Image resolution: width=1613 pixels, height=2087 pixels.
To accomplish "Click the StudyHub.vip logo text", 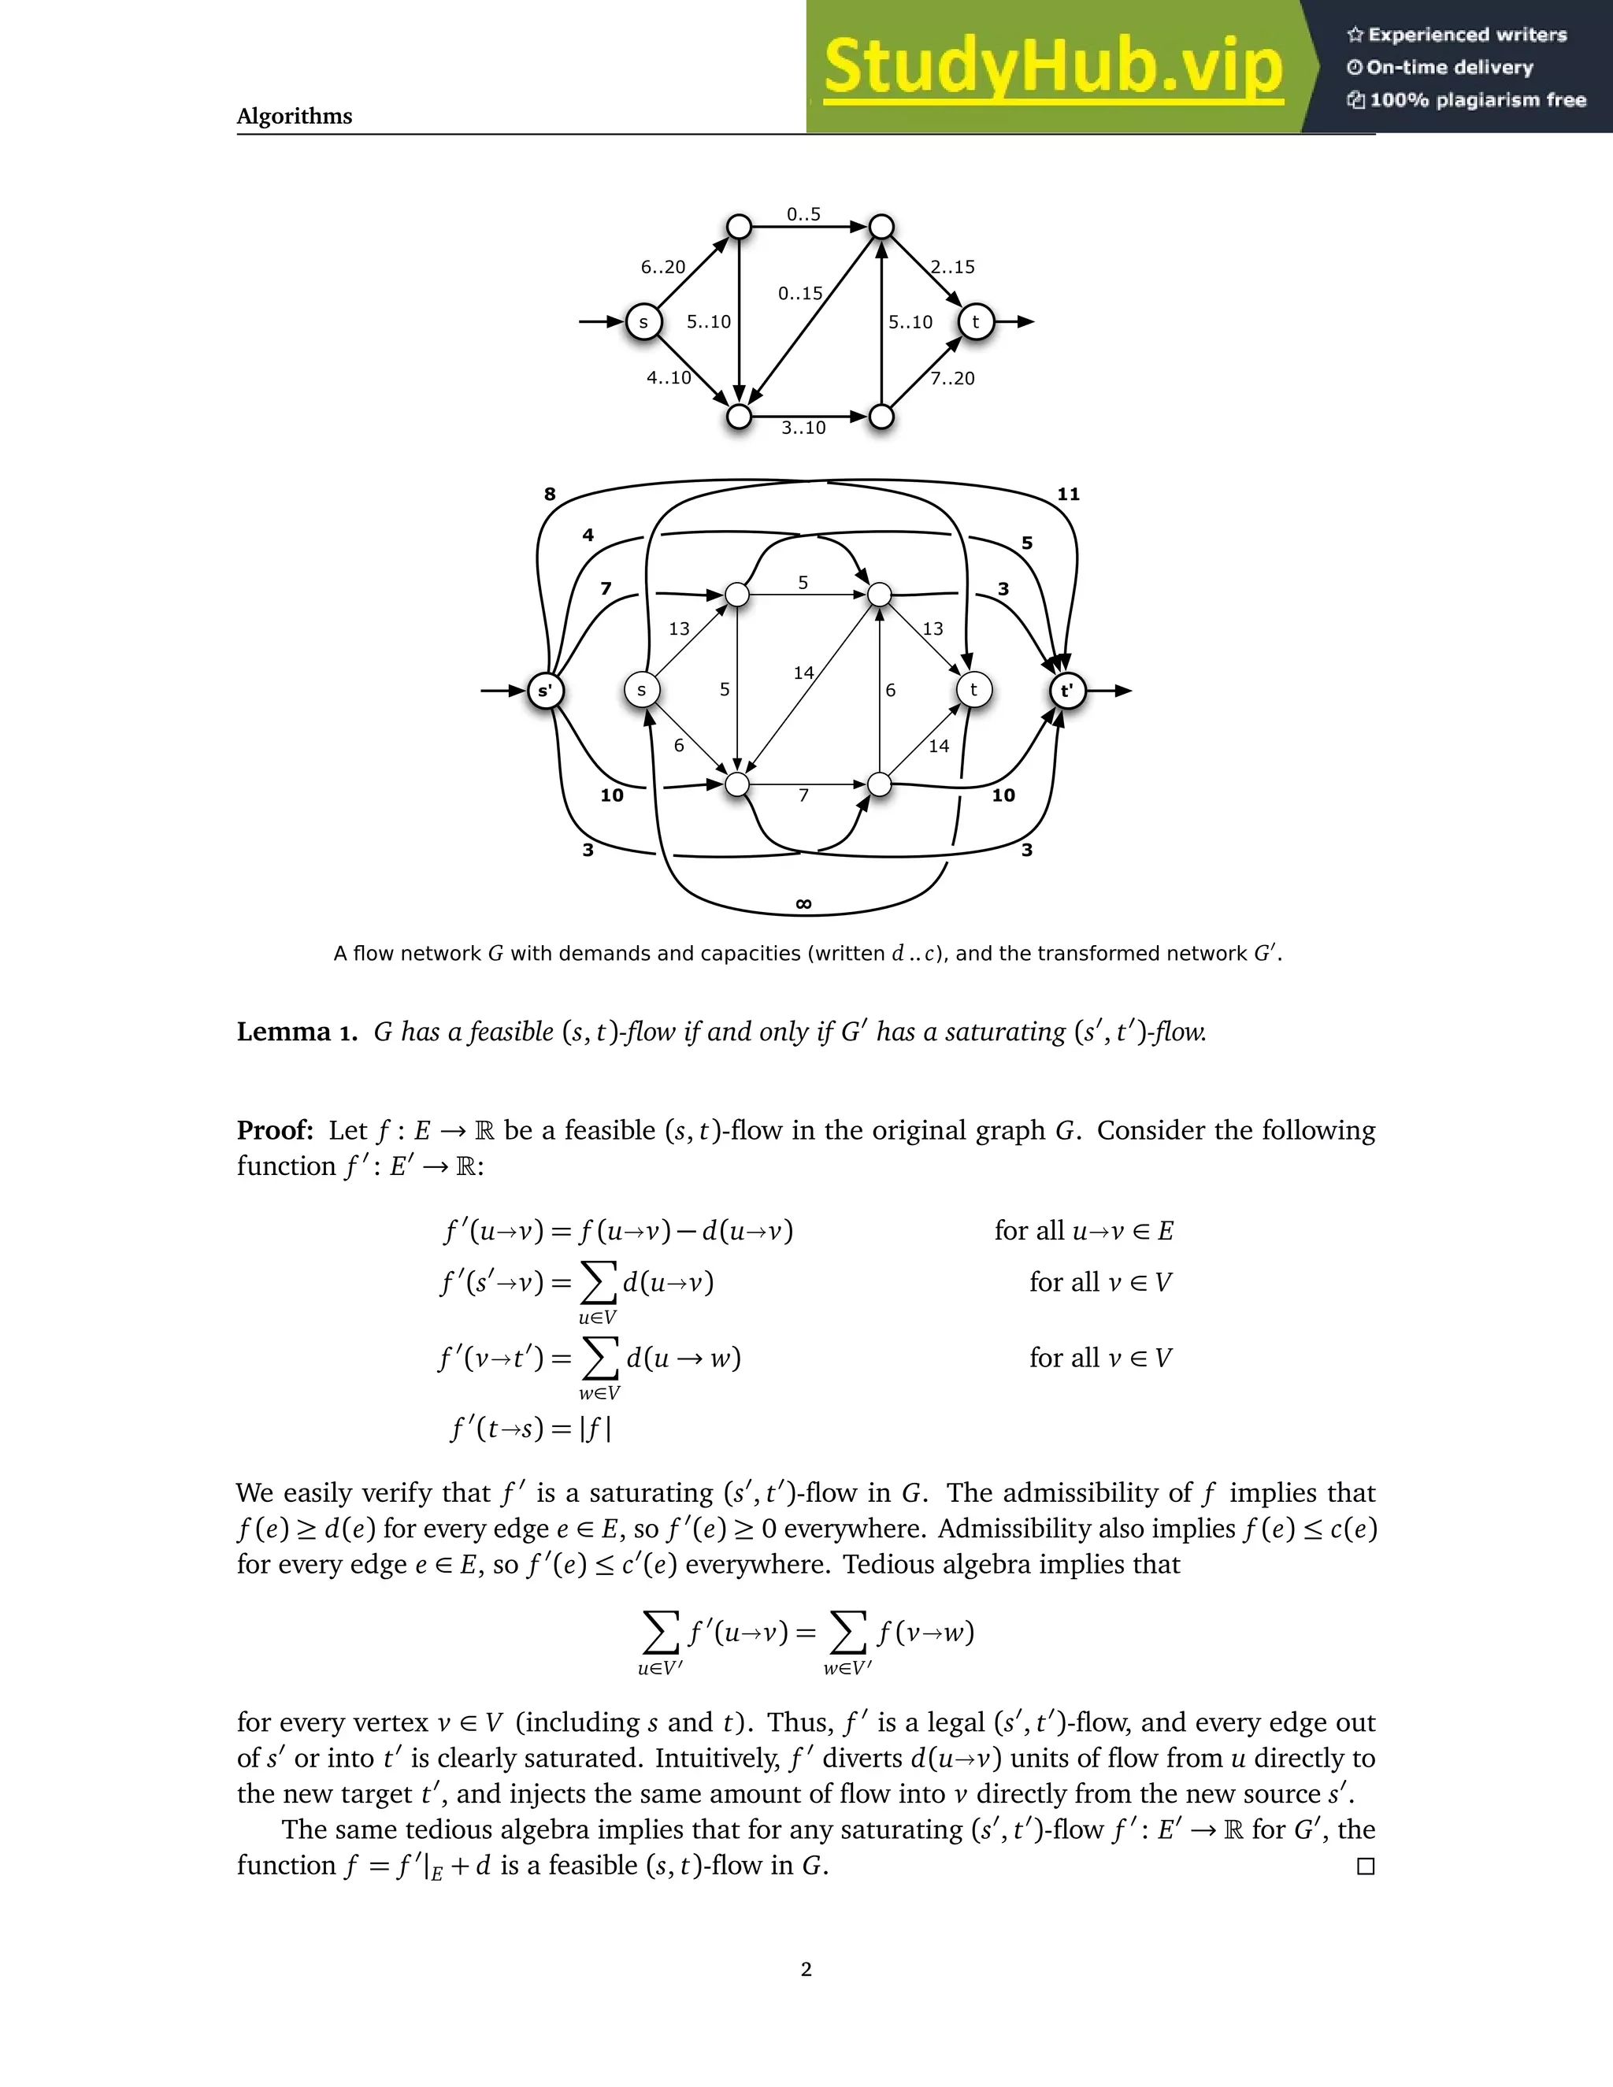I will coord(1053,67).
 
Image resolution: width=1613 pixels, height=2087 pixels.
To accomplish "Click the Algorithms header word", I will coord(295,117).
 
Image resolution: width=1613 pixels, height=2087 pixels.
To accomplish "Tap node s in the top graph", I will coord(643,322).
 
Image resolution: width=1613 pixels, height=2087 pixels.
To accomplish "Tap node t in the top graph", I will coord(976,322).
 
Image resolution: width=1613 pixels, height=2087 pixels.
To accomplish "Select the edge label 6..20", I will coord(662,268).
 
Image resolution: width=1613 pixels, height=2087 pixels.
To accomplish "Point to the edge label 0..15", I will coord(800,294).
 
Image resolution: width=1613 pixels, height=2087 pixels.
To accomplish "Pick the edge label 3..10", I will coord(803,428).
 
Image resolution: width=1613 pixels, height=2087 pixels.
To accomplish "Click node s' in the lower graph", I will coord(546,691).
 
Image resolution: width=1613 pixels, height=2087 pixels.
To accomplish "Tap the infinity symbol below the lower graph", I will coord(803,904).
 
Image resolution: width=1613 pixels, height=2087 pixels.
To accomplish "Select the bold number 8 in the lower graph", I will coord(550,494).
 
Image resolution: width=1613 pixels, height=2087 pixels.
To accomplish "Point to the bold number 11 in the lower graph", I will coord(1068,494).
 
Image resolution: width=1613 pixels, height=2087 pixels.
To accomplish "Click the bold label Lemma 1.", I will coord(296,1032).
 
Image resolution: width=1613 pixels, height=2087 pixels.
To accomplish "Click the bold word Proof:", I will coord(275,1130).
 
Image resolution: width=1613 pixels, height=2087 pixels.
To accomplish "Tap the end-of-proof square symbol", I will coord(1366,1866).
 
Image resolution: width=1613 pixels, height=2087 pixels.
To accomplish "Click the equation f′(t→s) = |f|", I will coord(530,1429).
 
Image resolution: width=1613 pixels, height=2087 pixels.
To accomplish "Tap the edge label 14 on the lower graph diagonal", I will coord(803,673).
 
